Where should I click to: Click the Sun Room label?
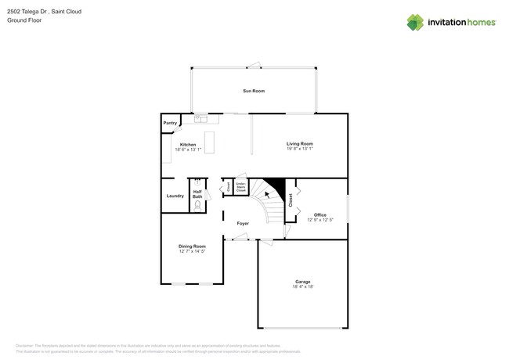coord(253,91)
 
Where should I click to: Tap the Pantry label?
coord(170,123)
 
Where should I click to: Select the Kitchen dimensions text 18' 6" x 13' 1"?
coord(188,149)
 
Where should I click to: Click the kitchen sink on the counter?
coord(201,119)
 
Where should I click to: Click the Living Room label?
coord(299,143)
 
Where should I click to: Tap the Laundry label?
coord(175,196)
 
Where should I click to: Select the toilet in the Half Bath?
coord(197,204)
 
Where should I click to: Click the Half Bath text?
coord(197,193)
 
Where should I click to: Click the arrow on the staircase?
coord(269,193)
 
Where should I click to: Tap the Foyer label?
coord(243,224)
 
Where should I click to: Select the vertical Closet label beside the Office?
coord(291,200)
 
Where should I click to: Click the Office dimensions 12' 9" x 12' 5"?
coord(319,220)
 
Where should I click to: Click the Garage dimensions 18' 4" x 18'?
coord(302,286)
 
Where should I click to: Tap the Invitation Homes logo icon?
coord(415,23)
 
